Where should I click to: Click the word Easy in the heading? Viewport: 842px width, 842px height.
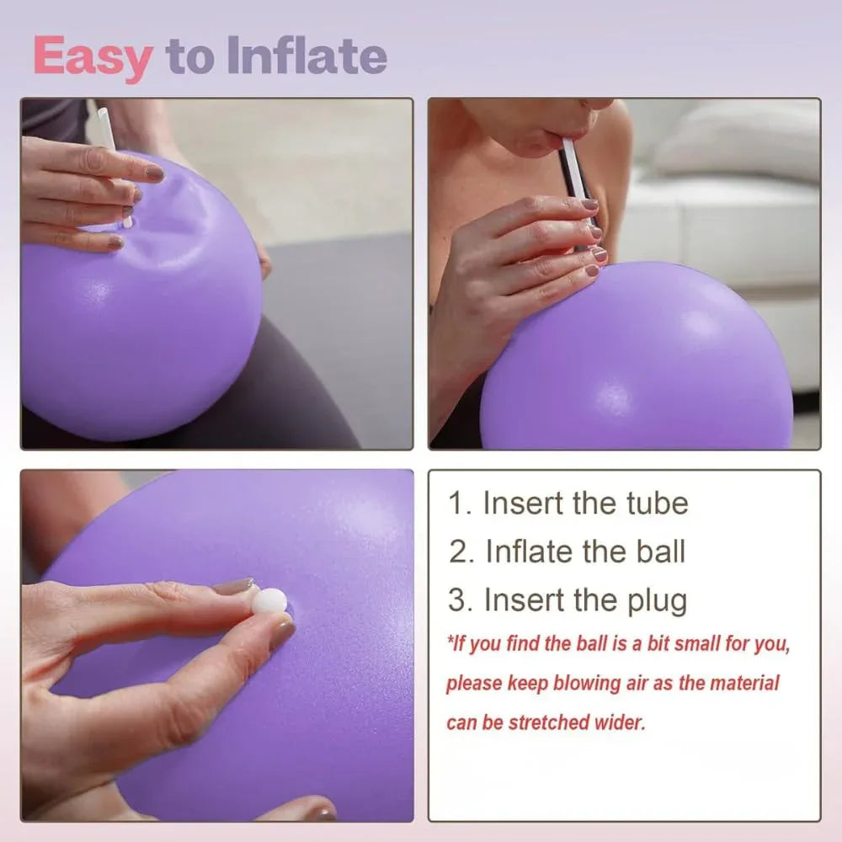coord(93,56)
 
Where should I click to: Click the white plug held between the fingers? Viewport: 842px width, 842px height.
coord(269,600)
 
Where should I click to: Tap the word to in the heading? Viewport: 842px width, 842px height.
coord(190,56)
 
